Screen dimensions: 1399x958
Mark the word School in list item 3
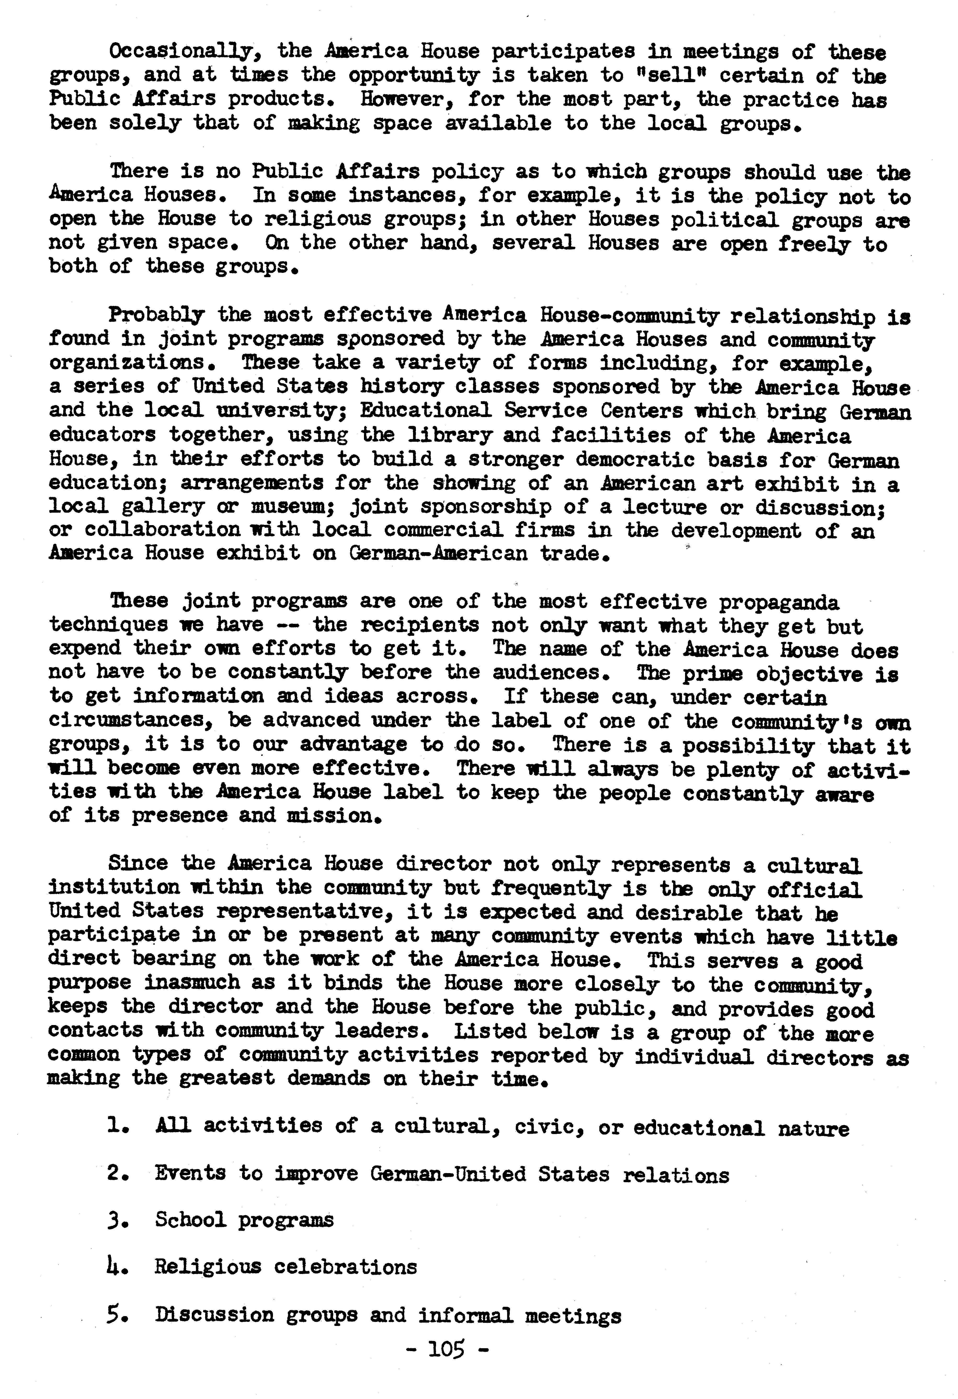pyautogui.click(x=190, y=1220)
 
